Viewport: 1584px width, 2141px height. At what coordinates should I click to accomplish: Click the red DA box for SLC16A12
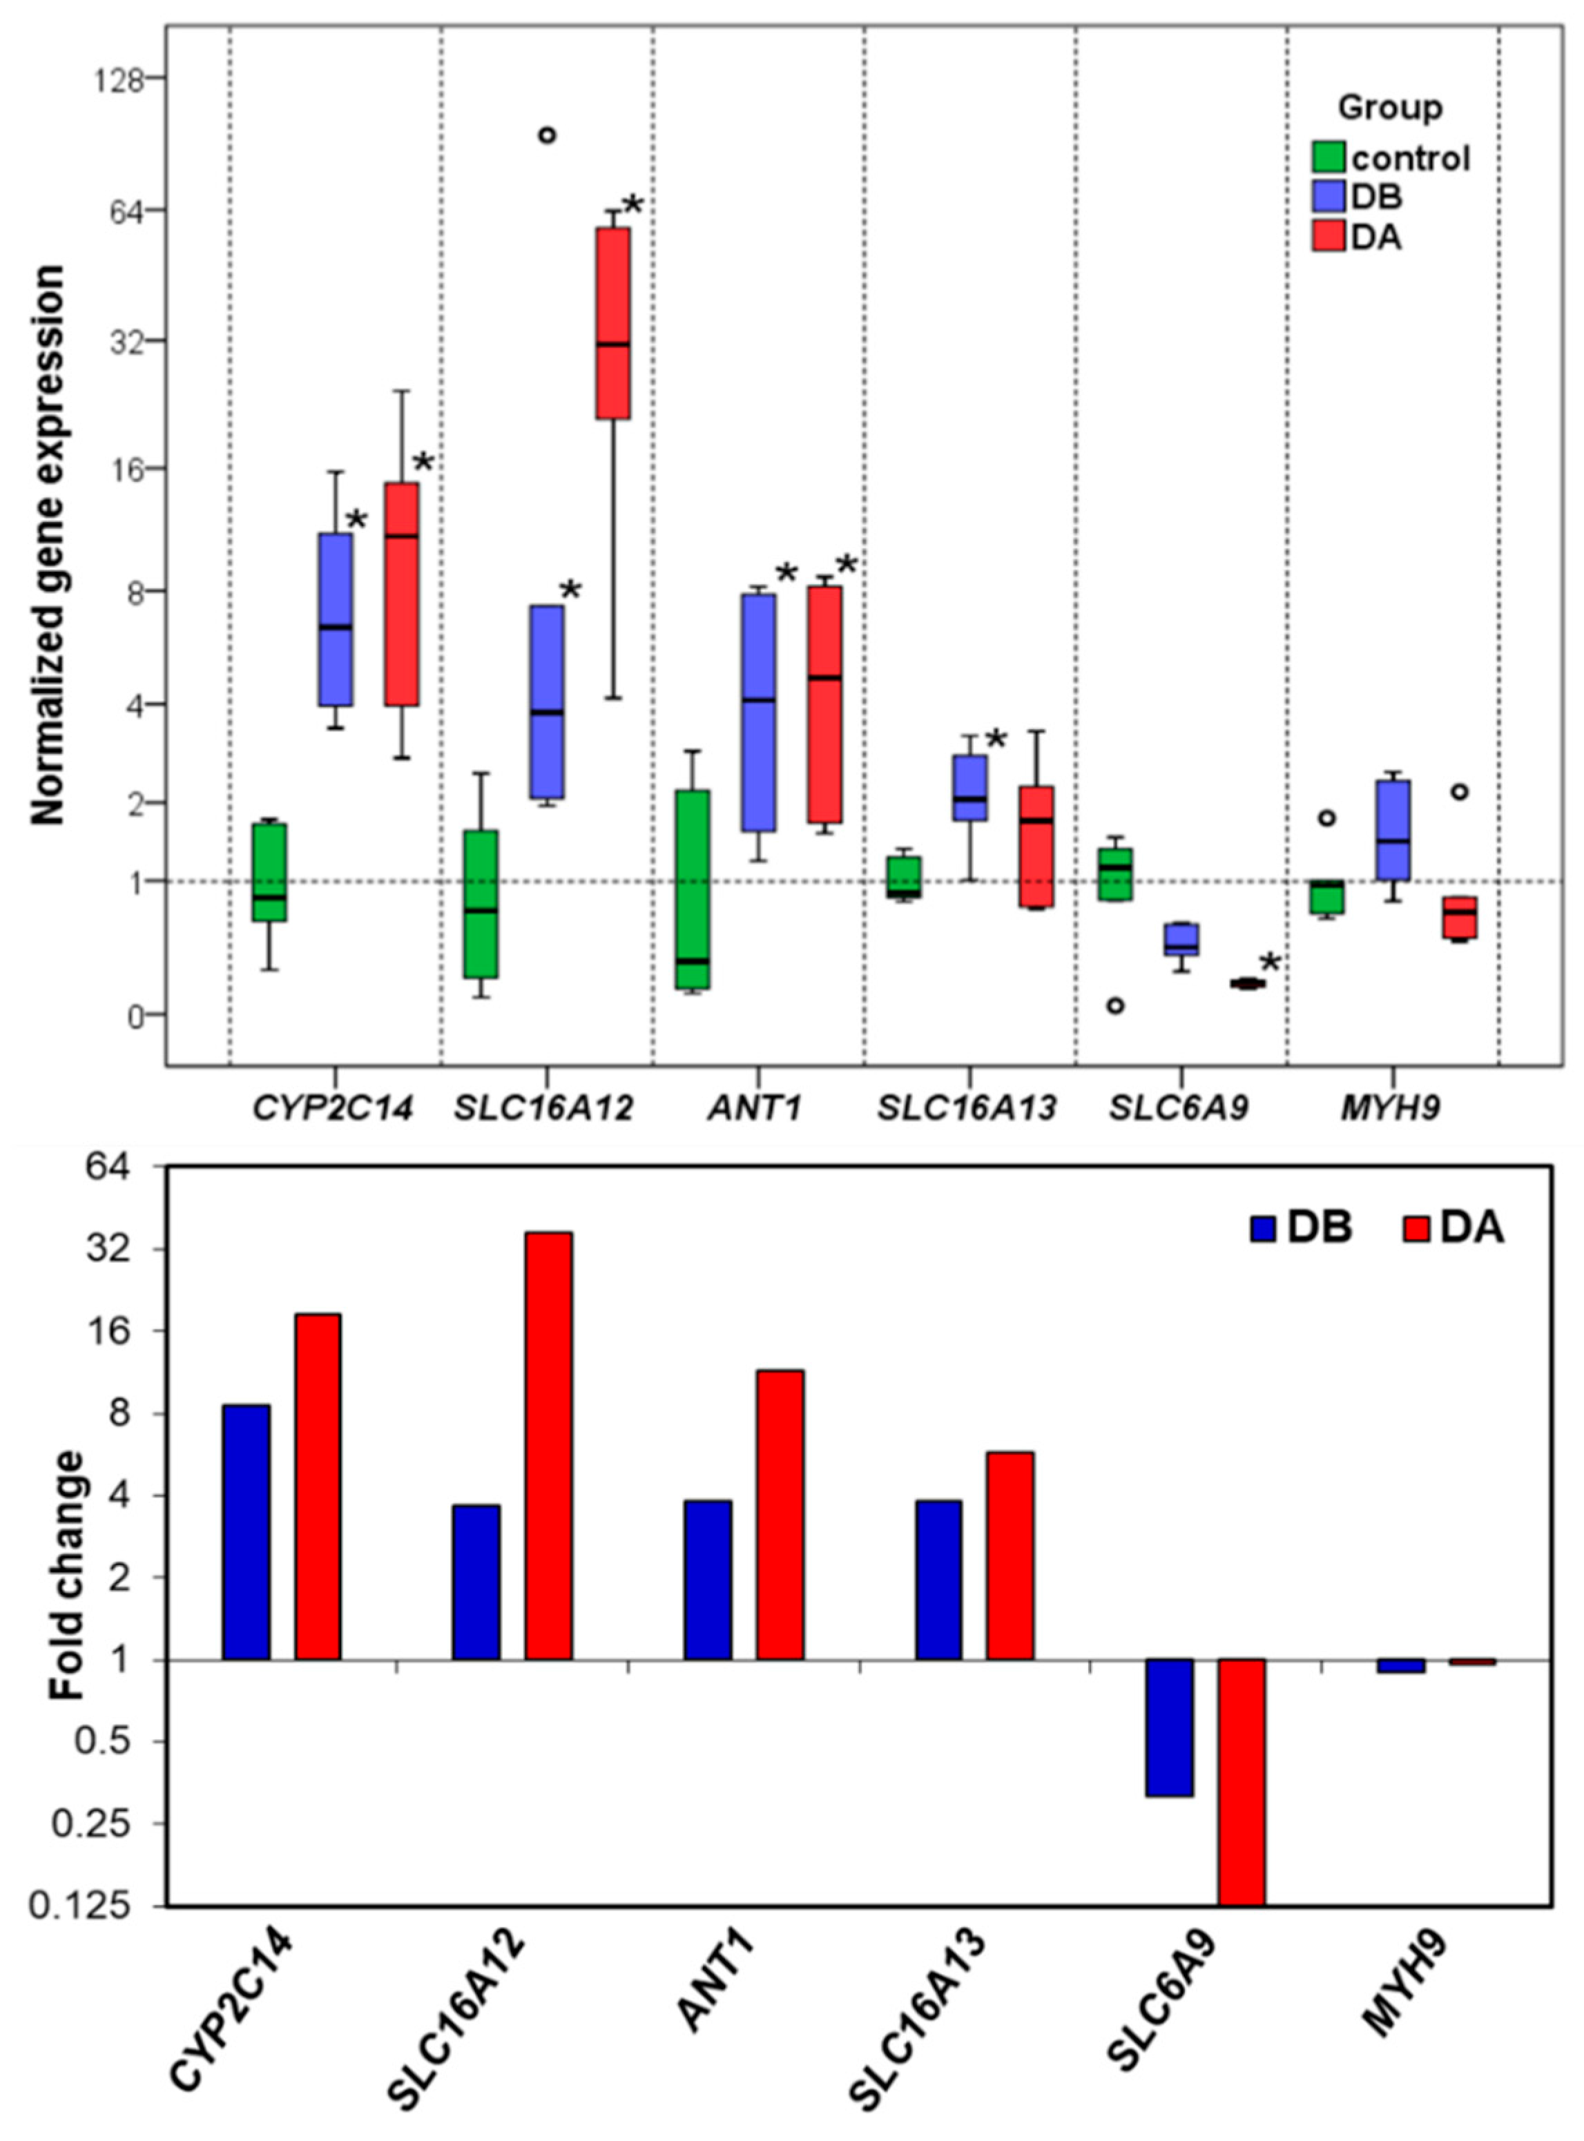point(612,323)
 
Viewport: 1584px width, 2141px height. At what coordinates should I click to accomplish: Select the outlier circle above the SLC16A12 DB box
point(547,135)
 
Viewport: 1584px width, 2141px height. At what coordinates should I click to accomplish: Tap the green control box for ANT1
point(690,889)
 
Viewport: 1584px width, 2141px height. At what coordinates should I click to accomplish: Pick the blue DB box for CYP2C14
point(336,619)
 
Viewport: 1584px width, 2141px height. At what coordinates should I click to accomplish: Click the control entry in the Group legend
point(1409,158)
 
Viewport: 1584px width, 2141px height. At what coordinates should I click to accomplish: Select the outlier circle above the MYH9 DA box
point(1459,792)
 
